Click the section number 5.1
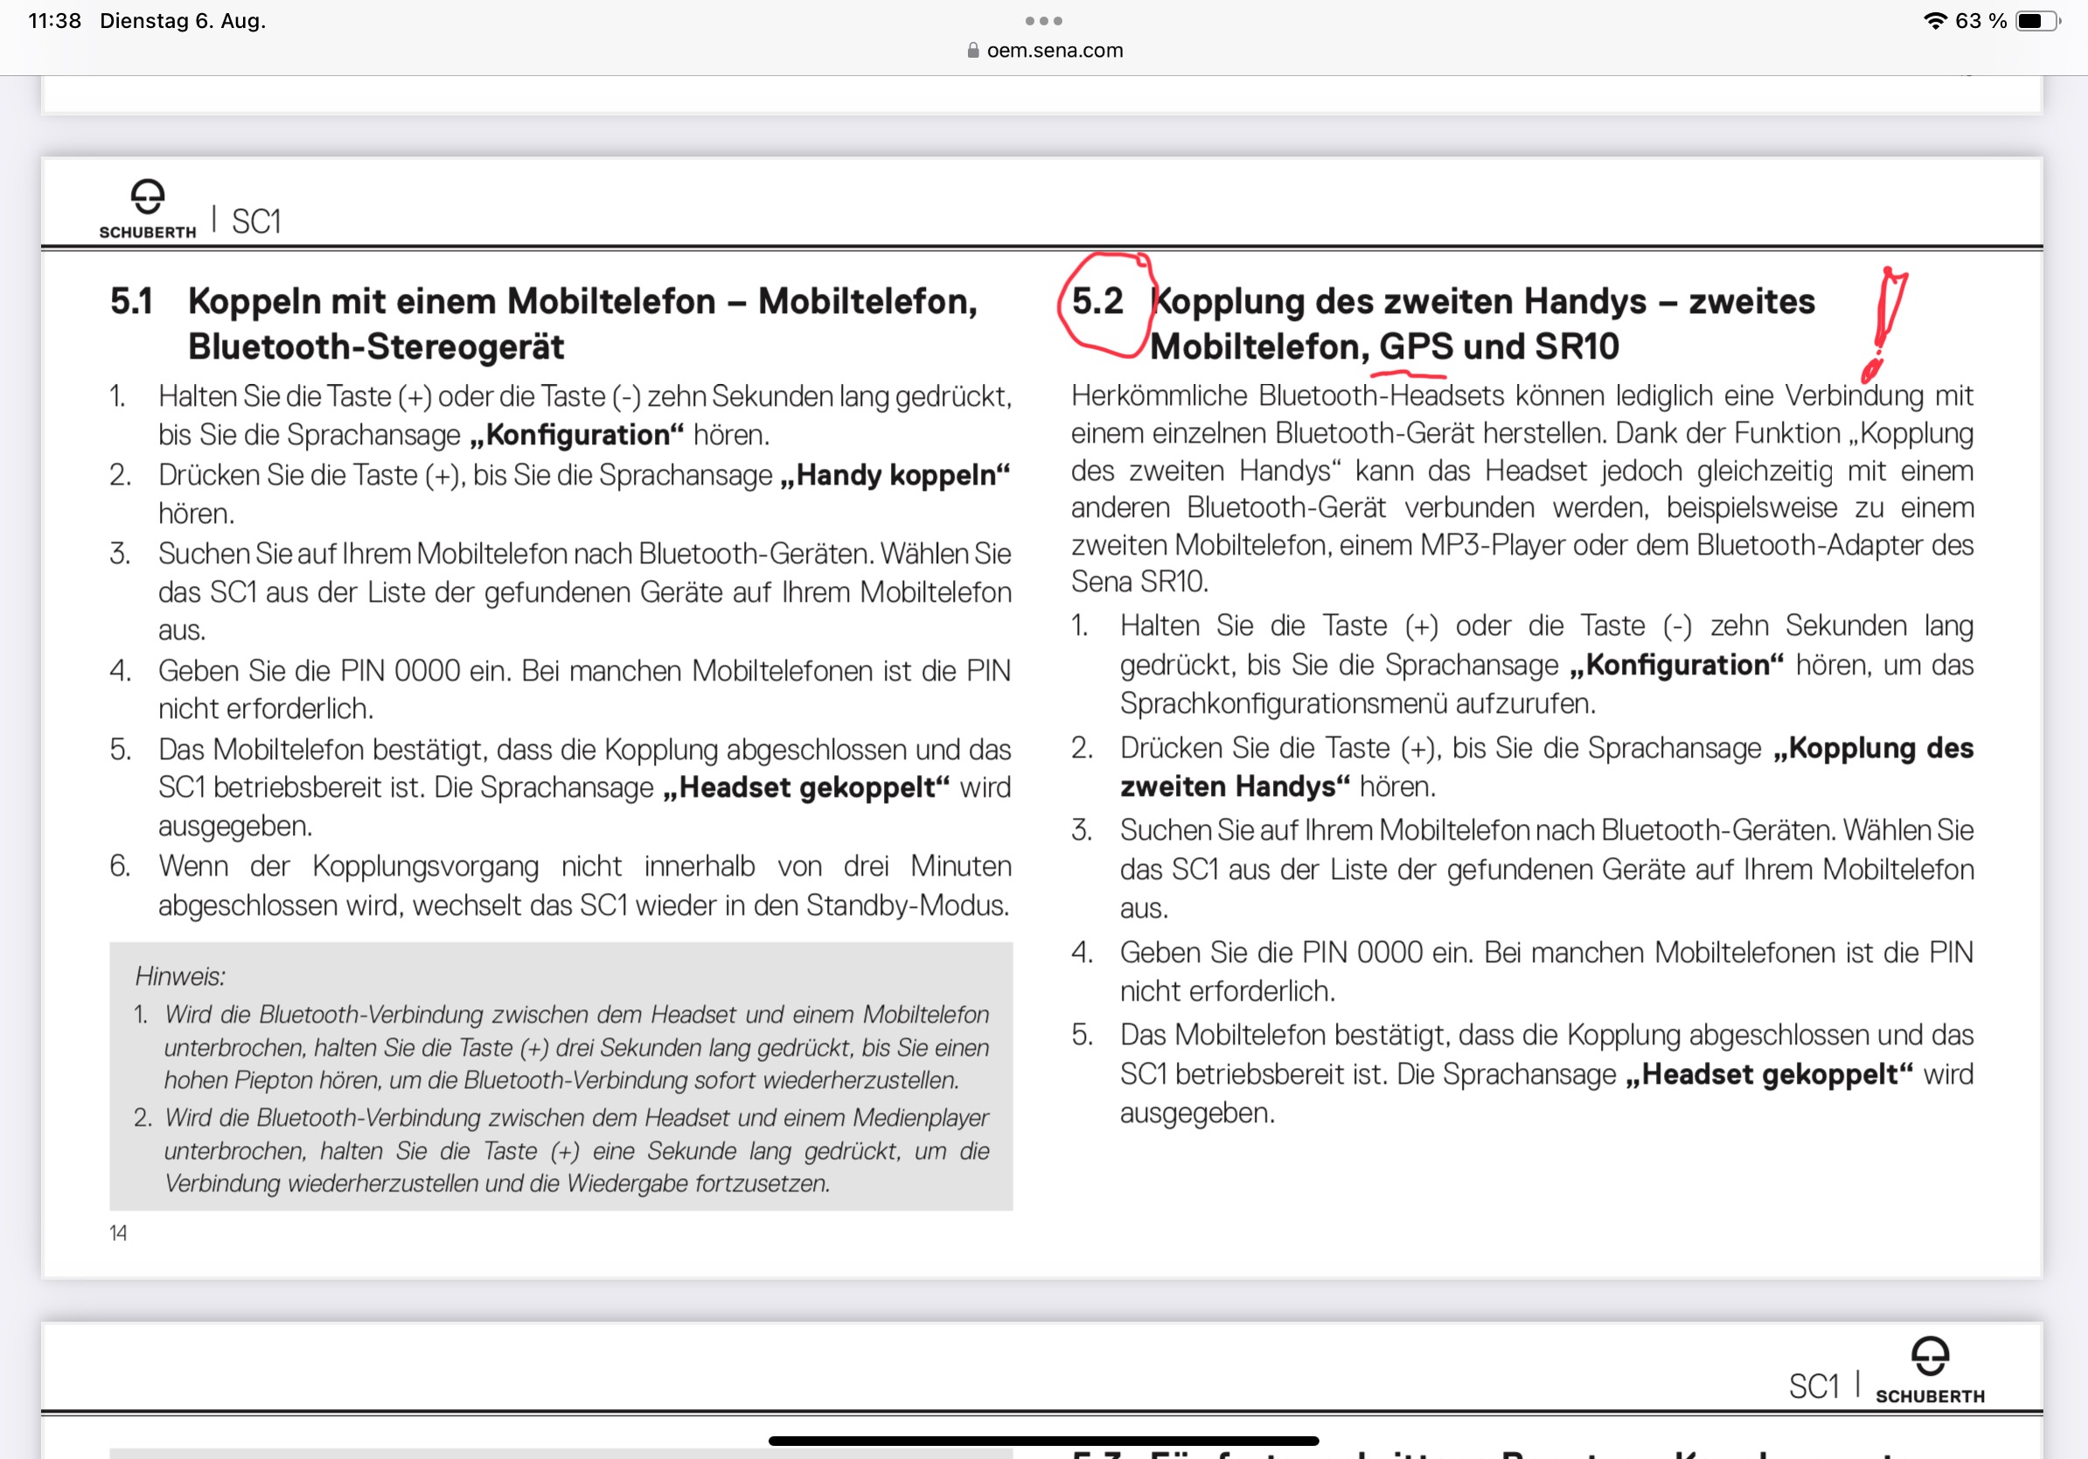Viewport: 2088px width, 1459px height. point(131,302)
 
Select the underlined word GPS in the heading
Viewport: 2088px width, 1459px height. point(1416,346)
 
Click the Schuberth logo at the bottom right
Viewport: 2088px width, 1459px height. point(1930,1369)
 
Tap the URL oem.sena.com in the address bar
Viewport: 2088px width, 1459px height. point(1054,51)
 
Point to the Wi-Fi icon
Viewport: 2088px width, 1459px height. point(1934,21)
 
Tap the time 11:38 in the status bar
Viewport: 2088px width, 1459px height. point(54,21)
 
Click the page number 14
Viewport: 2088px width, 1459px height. point(118,1233)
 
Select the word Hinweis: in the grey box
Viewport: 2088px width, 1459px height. point(180,977)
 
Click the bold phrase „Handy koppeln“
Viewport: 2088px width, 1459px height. point(894,476)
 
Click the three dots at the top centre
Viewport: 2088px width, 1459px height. point(1043,21)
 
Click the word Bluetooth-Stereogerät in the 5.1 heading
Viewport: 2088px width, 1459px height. point(376,347)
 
